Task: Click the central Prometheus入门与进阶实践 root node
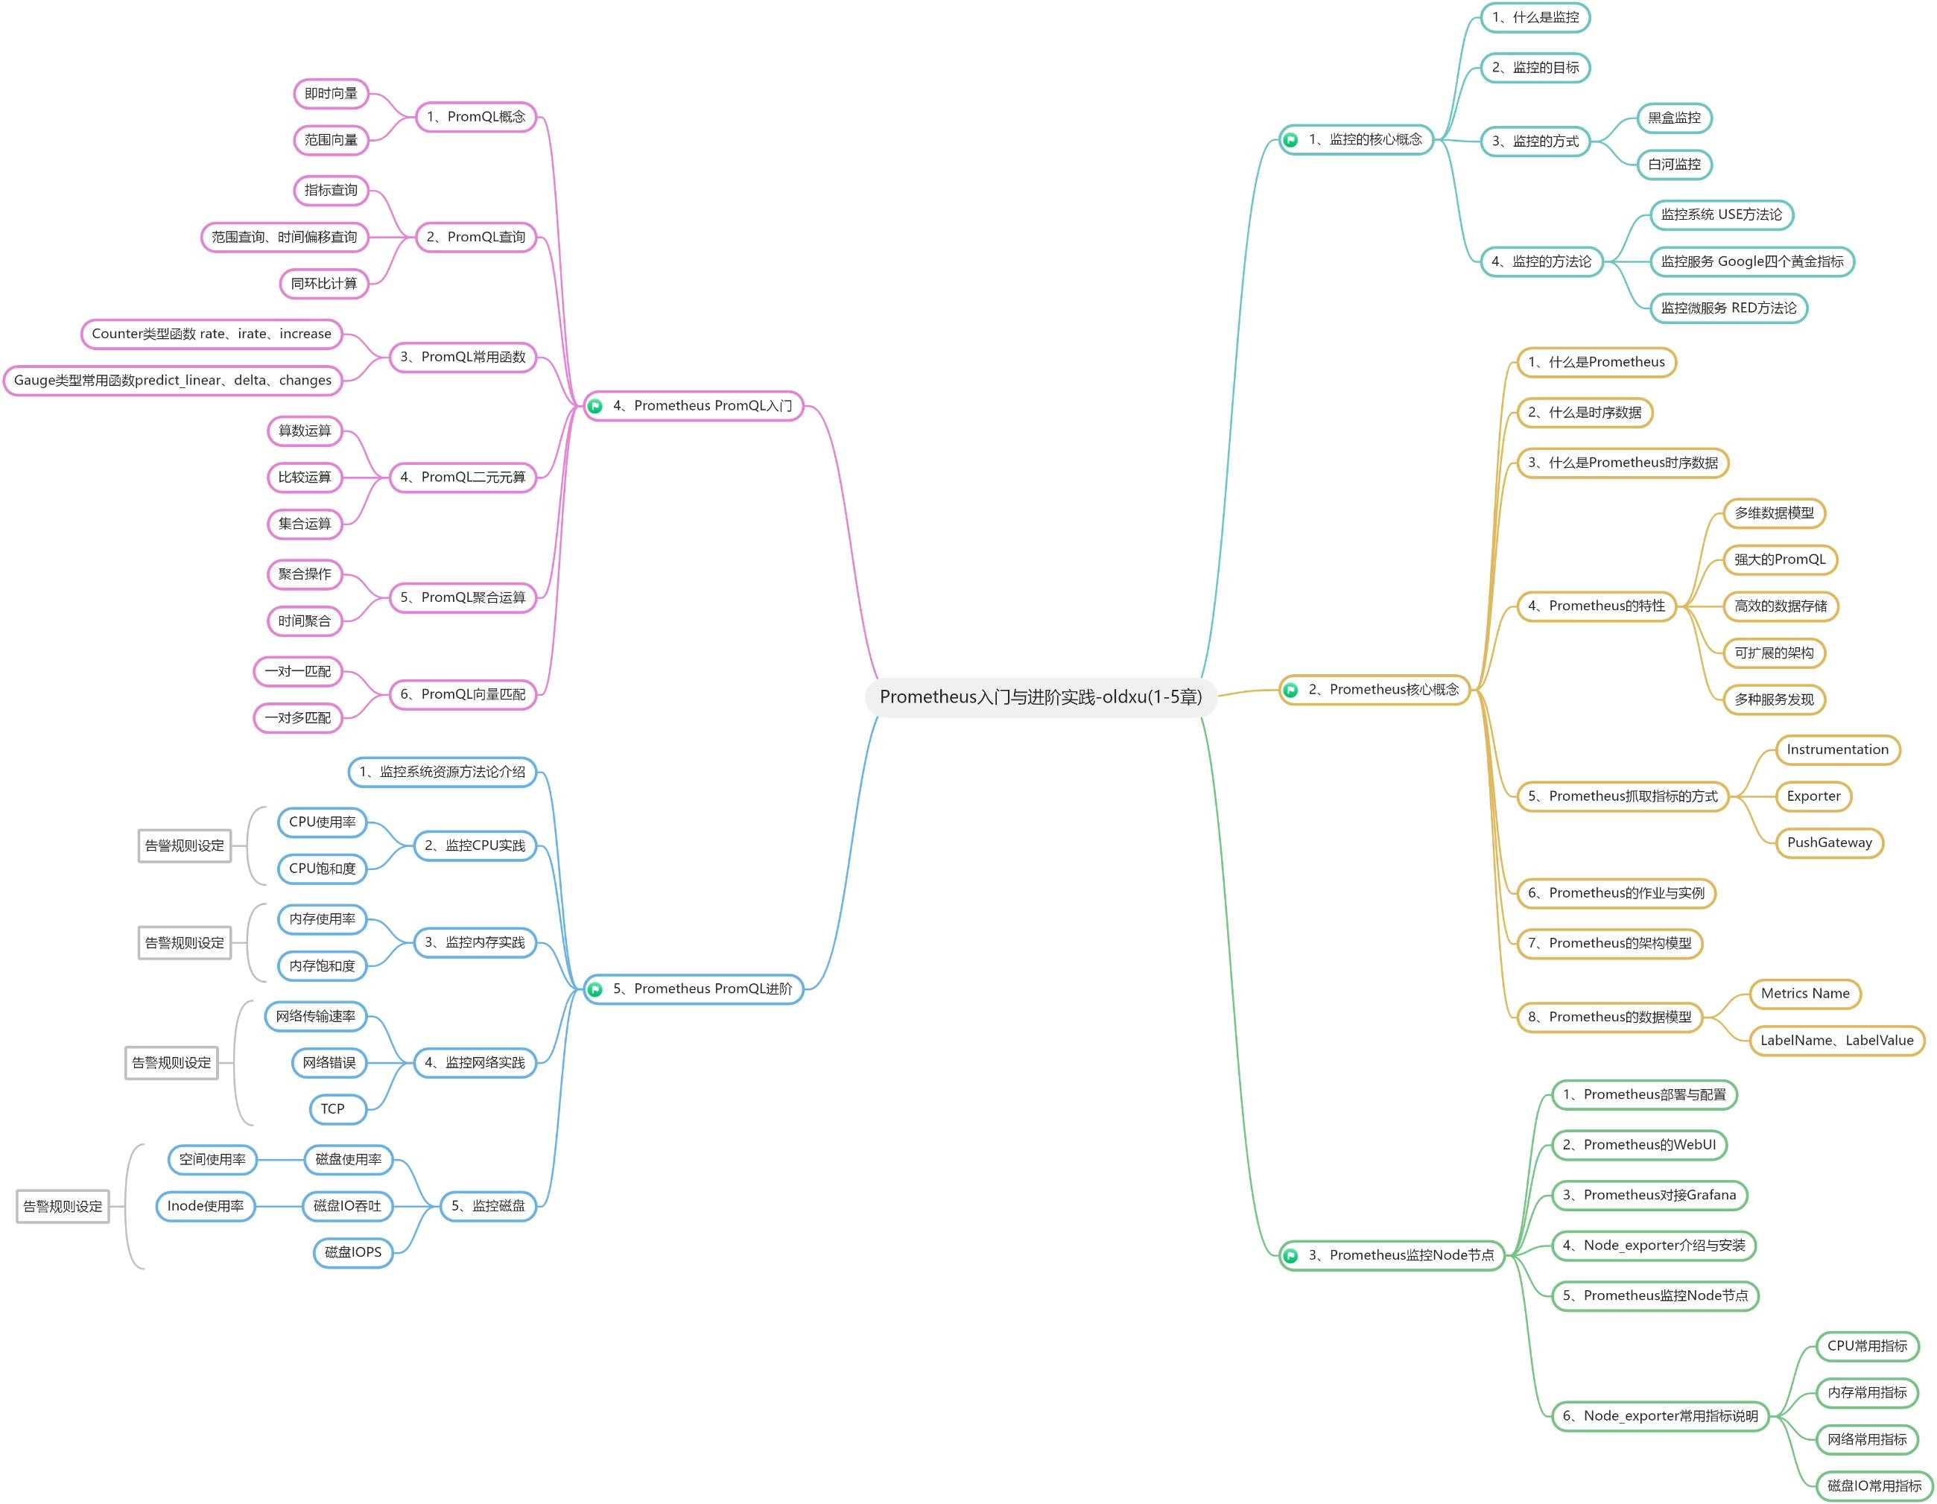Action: (1040, 697)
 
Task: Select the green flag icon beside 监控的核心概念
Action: (1290, 140)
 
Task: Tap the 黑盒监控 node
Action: (1673, 118)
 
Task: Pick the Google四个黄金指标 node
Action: (1751, 261)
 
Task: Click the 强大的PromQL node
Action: (1779, 559)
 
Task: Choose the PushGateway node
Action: (1829, 843)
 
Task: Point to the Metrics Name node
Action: (1805, 993)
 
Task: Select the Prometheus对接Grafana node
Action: (1649, 1195)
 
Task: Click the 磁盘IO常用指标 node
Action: (1874, 1485)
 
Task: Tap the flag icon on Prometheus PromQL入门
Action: (595, 406)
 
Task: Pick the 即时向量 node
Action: (331, 93)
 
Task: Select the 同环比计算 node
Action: (324, 284)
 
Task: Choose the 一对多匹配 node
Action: (298, 717)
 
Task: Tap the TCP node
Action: (332, 1108)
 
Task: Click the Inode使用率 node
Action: (205, 1206)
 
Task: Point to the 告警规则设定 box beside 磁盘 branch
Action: (63, 1206)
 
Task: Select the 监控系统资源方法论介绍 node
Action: (442, 772)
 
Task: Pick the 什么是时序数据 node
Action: (1585, 413)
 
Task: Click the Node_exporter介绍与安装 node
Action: (1653, 1245)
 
